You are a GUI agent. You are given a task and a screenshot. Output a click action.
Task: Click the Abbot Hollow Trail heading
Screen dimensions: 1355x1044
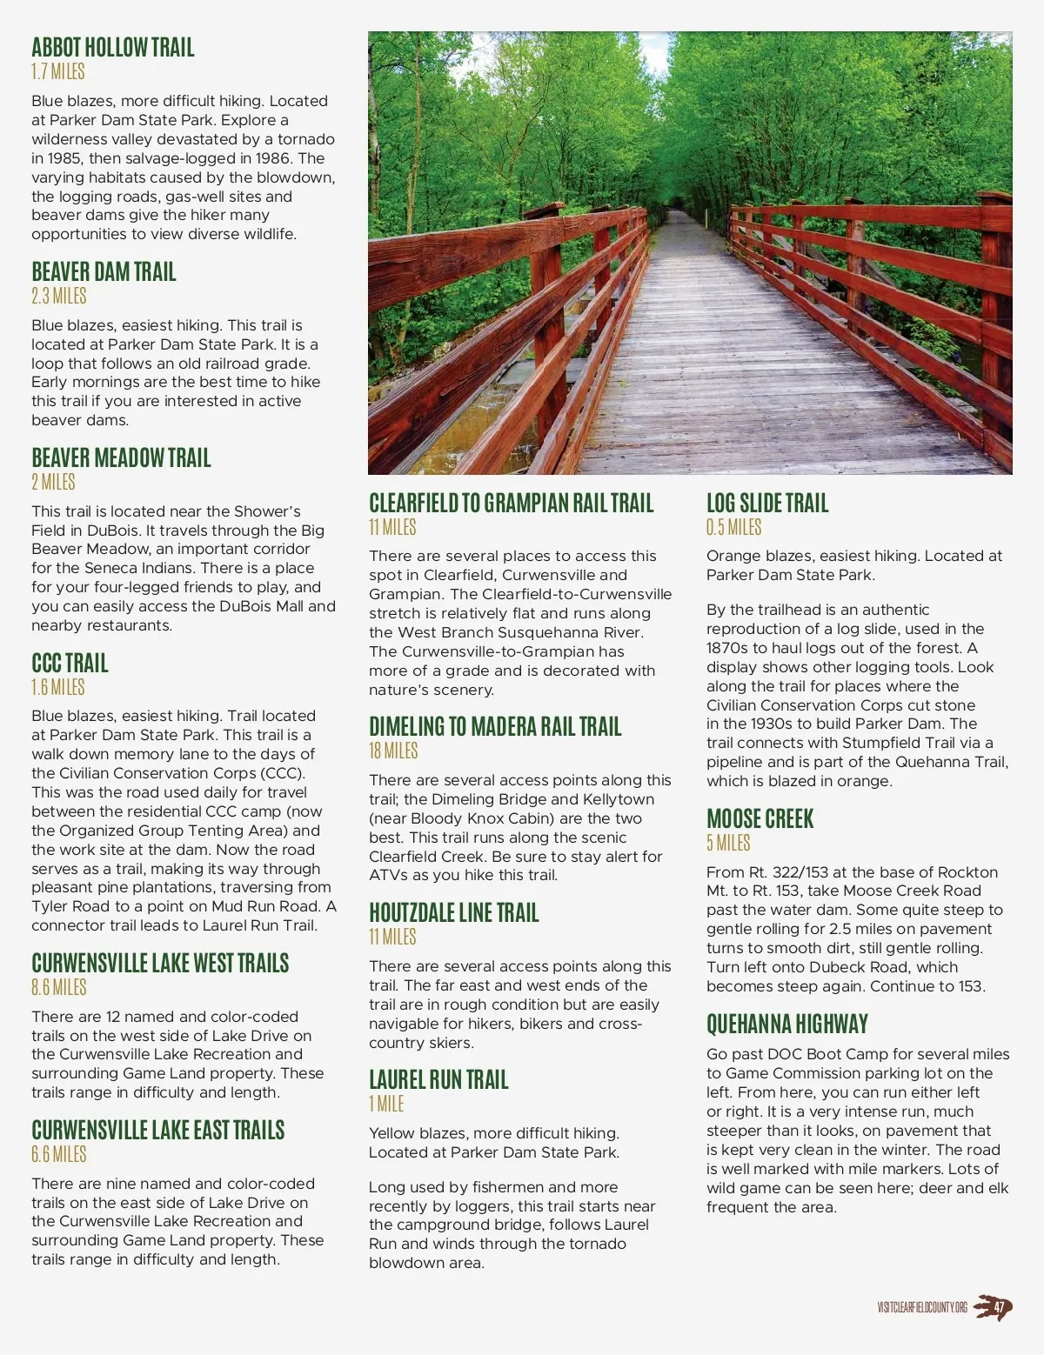[113, 48]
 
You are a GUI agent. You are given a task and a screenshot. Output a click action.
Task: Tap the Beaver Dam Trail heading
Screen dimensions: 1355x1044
[104, 272]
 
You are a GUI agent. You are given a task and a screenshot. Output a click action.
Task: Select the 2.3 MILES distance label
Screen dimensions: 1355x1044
[59, 297]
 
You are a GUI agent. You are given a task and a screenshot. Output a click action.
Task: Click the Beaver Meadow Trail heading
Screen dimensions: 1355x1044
[121, 458]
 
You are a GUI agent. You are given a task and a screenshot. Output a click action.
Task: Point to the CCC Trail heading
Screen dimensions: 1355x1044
[70, 664]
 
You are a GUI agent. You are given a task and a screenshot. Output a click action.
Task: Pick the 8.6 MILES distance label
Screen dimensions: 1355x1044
[59, 988]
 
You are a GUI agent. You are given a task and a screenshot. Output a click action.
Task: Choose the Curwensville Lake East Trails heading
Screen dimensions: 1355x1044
[157, 1131]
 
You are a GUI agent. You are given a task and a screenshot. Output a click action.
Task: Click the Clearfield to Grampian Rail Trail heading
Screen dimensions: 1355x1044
[511, 504]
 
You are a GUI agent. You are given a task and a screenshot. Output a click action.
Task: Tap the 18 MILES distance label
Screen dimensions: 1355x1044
[393, 751]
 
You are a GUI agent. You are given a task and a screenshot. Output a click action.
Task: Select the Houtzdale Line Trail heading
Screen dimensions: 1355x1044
[453, 913]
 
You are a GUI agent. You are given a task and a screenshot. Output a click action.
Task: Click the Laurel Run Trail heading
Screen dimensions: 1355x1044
[438, 1080]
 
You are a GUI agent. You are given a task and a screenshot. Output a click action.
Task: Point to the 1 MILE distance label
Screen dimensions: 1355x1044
[386, 1105]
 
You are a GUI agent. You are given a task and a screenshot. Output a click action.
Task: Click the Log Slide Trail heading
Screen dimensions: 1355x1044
[767, 504]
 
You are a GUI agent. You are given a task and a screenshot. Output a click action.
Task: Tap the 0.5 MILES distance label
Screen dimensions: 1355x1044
[733, 528]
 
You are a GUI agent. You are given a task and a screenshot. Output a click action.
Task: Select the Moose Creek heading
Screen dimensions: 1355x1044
[760, 819]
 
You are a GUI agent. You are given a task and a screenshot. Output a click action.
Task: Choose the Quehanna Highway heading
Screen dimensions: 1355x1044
[787, 1025]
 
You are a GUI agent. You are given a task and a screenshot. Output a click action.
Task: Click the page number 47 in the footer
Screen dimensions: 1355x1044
[1000, 1307]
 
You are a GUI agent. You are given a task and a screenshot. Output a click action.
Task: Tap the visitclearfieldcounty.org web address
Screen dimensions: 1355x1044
[922, 1308]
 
